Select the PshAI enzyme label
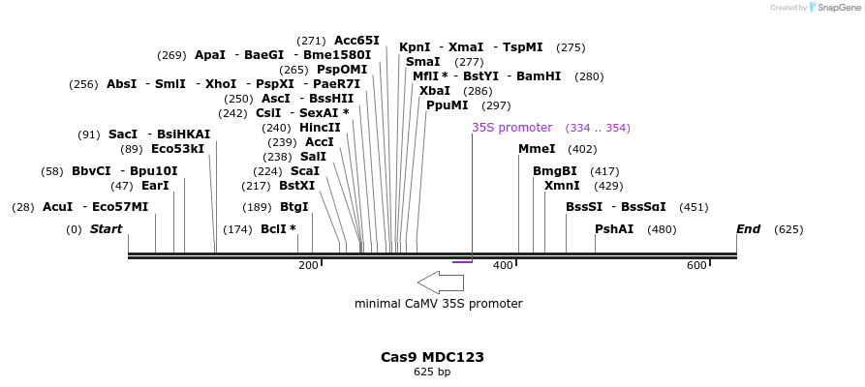pyautogui.click(x=614, y=229)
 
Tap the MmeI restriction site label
pyautogui.click(x=537, y=149)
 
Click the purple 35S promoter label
pyautogui.click(x=511, y=128)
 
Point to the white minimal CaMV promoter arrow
pyautogui.click(x=441, y=282)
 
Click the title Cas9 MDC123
pyautogui.click(x=432, y=357)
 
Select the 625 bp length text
pyautogui.click(x=432, y=372)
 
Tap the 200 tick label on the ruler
pyautogui.click(x=308, y=265)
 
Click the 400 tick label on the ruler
pyautogui.click(x=503, y=265)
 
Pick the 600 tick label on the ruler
pyautogui.click(x=696, y=265)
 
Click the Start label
pyautogui.click(x=106, y=229)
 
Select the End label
pyautogui.click(x=748, y=229)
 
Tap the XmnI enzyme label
pyautogui.click(x=562, y=186)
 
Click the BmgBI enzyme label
pyautogui.click(x=554, y=171)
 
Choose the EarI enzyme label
pyautogui.click(x=155, y=186)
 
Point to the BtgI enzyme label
pyautogui.click(x=293, y=207)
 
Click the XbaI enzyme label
pyautogui.click(x=434, y=91)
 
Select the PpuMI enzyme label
pyautogui.click(x=447, y=105)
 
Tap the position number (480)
pyautogui.click(x=662, y=230)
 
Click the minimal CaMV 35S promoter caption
pyautogui.click(x=438, y=304)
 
